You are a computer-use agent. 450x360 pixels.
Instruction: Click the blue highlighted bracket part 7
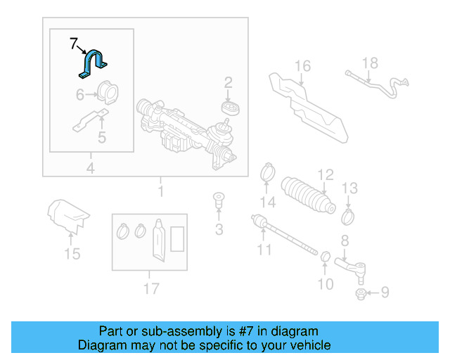[x=91, y=64]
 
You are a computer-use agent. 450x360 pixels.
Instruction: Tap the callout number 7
[x=74, y=44]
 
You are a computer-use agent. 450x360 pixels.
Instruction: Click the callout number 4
[x=90, y=167]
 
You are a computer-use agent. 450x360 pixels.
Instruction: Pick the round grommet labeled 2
[x=229, y=108]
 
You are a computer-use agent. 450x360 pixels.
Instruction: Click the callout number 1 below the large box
[x=161, y=191]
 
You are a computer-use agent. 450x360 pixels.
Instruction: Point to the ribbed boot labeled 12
[x=307, y=195]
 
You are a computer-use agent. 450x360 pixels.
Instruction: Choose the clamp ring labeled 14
[x=267, y=171]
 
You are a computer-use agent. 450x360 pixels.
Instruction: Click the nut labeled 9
[x=359, y=292]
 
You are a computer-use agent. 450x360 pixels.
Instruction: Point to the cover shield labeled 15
[x=68, y=214]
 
